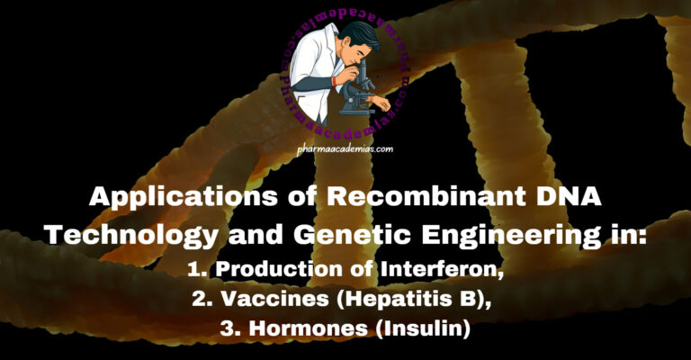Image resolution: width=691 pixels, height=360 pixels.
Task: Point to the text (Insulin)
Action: (422, 329)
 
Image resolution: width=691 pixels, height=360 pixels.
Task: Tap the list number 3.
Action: (227, 329)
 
